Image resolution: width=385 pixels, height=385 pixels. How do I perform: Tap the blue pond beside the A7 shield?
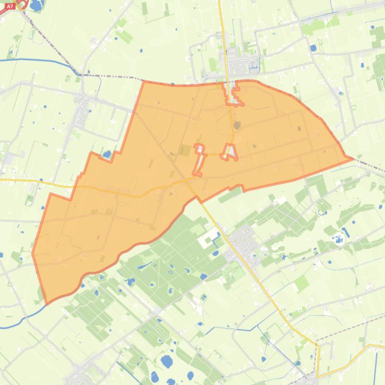(36, 5)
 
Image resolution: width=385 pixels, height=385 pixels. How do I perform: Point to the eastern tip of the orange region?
(352, 159)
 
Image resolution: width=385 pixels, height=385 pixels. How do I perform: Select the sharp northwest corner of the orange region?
(144, 81)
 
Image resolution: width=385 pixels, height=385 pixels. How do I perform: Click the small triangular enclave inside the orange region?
(230, 152)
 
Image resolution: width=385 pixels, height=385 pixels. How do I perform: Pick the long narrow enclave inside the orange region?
(200, 160)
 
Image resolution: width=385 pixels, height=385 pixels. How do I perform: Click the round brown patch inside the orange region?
(237, 124)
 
